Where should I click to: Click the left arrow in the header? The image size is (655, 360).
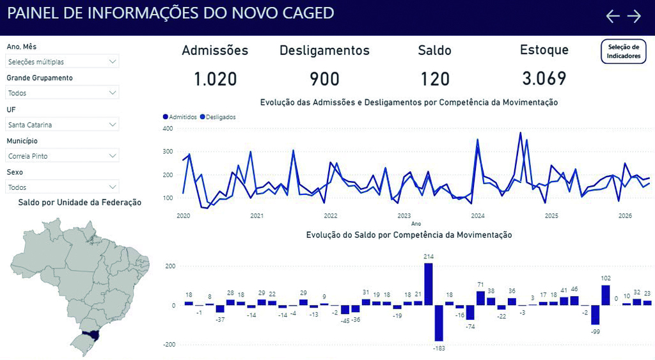[x=613, y=16]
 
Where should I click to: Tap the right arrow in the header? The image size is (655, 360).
[x=634, y=16]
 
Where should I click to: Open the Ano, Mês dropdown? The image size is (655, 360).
[x=62, y=61]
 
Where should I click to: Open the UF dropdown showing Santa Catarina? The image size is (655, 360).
[x=62, y=125]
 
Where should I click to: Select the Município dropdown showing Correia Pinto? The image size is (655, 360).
[x=62, y=156]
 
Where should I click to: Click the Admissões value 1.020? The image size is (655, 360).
[x=215, y=79]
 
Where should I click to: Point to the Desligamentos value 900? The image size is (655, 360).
[x=324, y=79]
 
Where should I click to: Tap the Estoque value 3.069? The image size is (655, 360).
[x=544, y=79]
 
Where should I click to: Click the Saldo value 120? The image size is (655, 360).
[x=435, y=79]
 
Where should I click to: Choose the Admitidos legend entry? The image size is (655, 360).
[x=180, y=117]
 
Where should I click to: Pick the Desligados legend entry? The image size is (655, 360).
[x=218, y=117]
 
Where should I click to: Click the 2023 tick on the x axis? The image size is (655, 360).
[x=404, y=216]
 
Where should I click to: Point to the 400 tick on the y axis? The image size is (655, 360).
[x=168, y=129]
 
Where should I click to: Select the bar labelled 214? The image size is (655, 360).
[x=429, y=284]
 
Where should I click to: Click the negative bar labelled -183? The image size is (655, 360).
[x=439, y=324]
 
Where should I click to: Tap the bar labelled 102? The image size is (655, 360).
[x=606, y=295]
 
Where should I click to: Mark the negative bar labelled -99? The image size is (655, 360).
[x=596, y=315]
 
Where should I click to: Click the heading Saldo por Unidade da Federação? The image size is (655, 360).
[x=80, y=203]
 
